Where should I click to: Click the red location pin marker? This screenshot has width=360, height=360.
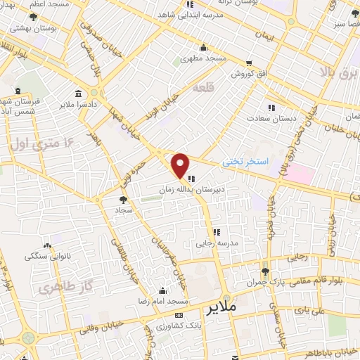tap(181, 165)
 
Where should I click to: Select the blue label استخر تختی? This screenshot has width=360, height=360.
tap(245, 161)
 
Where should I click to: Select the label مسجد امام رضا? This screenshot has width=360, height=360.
tap(163, 301)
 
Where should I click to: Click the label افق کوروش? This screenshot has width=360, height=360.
tap(240, 73)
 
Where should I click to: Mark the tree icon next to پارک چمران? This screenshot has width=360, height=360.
tap(264, 271)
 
